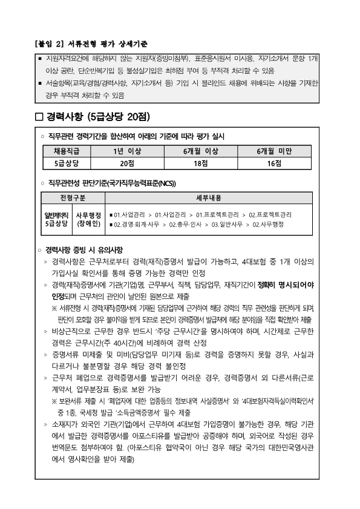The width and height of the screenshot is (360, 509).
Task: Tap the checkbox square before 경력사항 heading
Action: (41, 116)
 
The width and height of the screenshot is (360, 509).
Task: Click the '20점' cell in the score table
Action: (127, 162)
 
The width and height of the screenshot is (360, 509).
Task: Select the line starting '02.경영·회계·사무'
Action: (197, 224)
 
